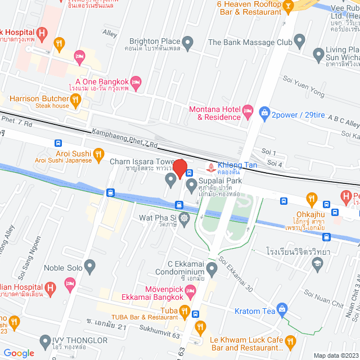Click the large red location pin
pos(179,168)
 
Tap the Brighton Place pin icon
pos(188,42)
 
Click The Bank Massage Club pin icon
pos(299,42)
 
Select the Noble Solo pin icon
pos(89,265)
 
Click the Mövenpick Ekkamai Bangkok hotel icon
pos(190,291)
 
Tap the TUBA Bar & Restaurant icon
pos(184,310)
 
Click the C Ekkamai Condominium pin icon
pos(211,268)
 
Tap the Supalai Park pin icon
pos(191,184)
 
